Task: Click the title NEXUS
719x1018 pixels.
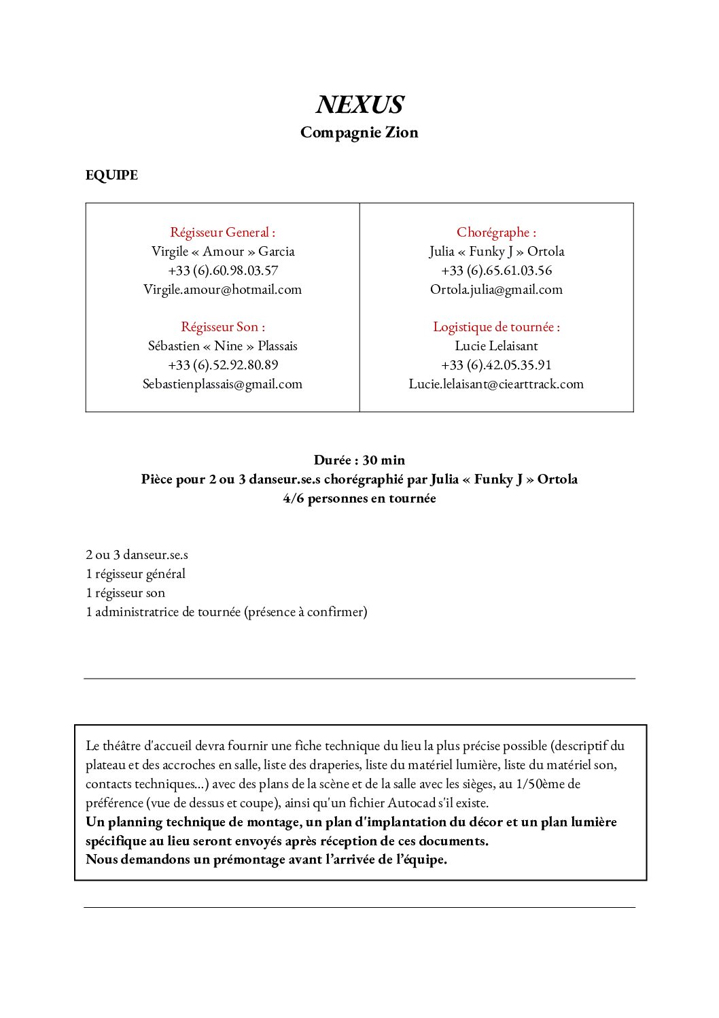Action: (x=359, y=105)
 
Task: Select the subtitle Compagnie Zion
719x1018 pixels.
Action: (x=359, y=133)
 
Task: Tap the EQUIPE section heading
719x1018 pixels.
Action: (x=111, y=175)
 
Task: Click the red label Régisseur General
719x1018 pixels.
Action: (x=222, y=233)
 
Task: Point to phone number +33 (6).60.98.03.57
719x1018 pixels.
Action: (x=223, y=271)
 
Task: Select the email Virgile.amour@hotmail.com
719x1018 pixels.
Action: (x=222, y=290)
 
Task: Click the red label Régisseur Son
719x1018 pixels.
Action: (x=223, y=327)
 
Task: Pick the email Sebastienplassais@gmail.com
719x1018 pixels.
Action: (x=222, y=384)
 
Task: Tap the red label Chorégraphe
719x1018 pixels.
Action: (x=496, y=233)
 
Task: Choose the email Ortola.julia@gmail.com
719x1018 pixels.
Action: (x=496, y=290)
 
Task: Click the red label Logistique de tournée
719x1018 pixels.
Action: (x=496, y=327)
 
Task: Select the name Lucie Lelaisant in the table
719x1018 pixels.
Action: (x=496, y=346)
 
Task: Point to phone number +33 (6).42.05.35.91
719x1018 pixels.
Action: (x=496, y=365)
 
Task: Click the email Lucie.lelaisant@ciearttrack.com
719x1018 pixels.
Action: (x=496, y=384)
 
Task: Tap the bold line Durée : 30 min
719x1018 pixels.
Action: (x=359, y=460)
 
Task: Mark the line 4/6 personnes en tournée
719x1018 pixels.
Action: (x=359, y=498)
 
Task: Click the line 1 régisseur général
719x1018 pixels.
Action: (x=135, y=574)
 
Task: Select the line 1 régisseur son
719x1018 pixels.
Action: (x=125, y=593)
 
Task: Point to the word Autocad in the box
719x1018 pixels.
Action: (x=412, y=803)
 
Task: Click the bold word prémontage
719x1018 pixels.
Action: (x=249, y=860)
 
